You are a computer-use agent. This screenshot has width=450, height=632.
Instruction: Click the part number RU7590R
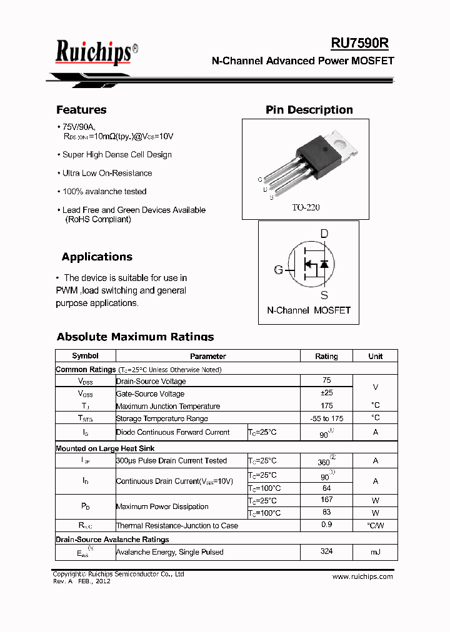(359, 42)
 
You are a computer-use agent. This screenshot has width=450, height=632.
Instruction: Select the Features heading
(81, 110)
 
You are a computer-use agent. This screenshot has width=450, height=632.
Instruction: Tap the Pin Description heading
(309, 110)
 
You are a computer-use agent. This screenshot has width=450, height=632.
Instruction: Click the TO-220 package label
(306, 207)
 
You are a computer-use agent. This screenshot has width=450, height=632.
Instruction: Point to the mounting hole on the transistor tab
(342, 142)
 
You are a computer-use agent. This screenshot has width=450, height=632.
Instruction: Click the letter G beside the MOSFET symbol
(278, 270)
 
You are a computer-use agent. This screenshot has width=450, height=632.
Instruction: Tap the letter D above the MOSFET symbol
(324, 234)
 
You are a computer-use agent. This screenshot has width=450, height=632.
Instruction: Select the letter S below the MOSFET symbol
(324, 295)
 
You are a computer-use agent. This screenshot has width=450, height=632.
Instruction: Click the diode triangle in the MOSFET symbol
(324, 265)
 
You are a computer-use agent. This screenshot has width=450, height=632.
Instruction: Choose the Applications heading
(97, 257)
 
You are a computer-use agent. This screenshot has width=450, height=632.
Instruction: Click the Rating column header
(326, 356)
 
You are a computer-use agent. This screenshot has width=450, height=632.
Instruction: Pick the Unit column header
(375, 356)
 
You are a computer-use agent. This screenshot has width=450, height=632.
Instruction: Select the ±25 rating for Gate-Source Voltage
(326, 393)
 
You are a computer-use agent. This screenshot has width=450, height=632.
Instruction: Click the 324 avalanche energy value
(326, 551)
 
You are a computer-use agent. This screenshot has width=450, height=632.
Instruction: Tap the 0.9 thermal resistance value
(326, 525)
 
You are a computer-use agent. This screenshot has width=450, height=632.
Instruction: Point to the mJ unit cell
(375, 552)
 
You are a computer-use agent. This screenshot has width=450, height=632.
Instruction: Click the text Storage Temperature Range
(162, 418)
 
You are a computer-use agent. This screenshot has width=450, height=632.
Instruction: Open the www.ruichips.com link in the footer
(362, 576)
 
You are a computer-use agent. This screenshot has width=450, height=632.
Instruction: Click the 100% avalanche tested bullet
(104, 192)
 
